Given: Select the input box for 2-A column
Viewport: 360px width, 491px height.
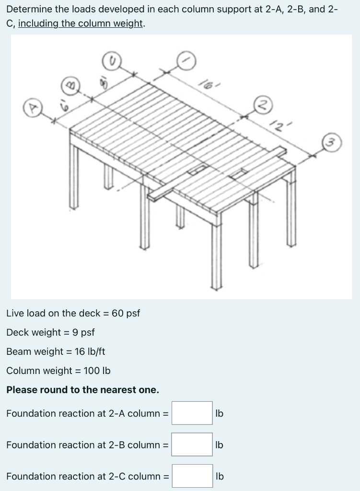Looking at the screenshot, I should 192,413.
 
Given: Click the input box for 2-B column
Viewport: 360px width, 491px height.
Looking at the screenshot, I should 192,445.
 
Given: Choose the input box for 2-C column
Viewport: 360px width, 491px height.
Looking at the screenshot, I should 192,476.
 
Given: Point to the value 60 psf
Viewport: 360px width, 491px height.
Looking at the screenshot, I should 126,314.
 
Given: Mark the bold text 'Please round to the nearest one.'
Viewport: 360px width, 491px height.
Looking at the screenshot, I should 82,390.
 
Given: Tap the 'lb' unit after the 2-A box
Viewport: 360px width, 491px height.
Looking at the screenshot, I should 220,413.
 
